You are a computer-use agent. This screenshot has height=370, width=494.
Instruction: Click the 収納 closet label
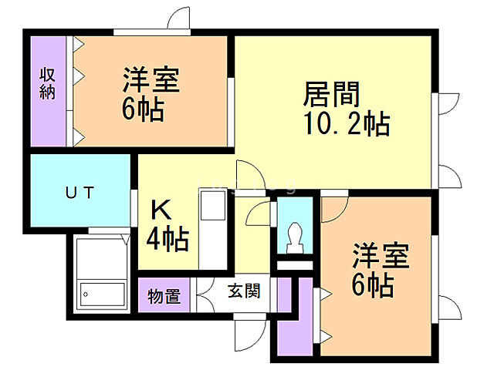click(48, 83)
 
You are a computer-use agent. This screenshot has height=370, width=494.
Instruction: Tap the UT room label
click(79, 193)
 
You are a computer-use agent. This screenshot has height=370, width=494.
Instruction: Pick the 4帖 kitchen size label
click(167, 240)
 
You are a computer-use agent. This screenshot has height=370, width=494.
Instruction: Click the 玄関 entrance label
click(242, 291)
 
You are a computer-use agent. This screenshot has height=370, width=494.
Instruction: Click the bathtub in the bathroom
click(103, 294)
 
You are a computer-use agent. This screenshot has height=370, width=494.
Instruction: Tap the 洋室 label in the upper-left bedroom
click(151, 81)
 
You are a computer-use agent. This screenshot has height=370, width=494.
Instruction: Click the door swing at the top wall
click(180, 18)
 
